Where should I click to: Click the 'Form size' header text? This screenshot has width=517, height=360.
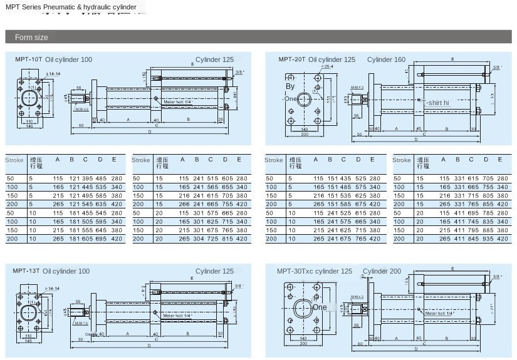pos(31,38)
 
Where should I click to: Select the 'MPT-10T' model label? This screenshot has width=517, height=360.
pos(28,59)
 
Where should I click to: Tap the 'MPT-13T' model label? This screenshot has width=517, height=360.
pos(26,271)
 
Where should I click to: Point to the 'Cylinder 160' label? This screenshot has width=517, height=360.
pos(386,59)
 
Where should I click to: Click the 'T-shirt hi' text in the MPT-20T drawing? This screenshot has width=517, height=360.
pos(436,102)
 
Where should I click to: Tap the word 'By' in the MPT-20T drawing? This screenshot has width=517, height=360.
pos(290,86)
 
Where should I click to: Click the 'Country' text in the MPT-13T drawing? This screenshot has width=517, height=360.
pos(91,335)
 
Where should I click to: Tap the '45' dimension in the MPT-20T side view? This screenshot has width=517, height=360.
pos(419,128)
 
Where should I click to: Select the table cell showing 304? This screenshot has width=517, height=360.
pos(197,239)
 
